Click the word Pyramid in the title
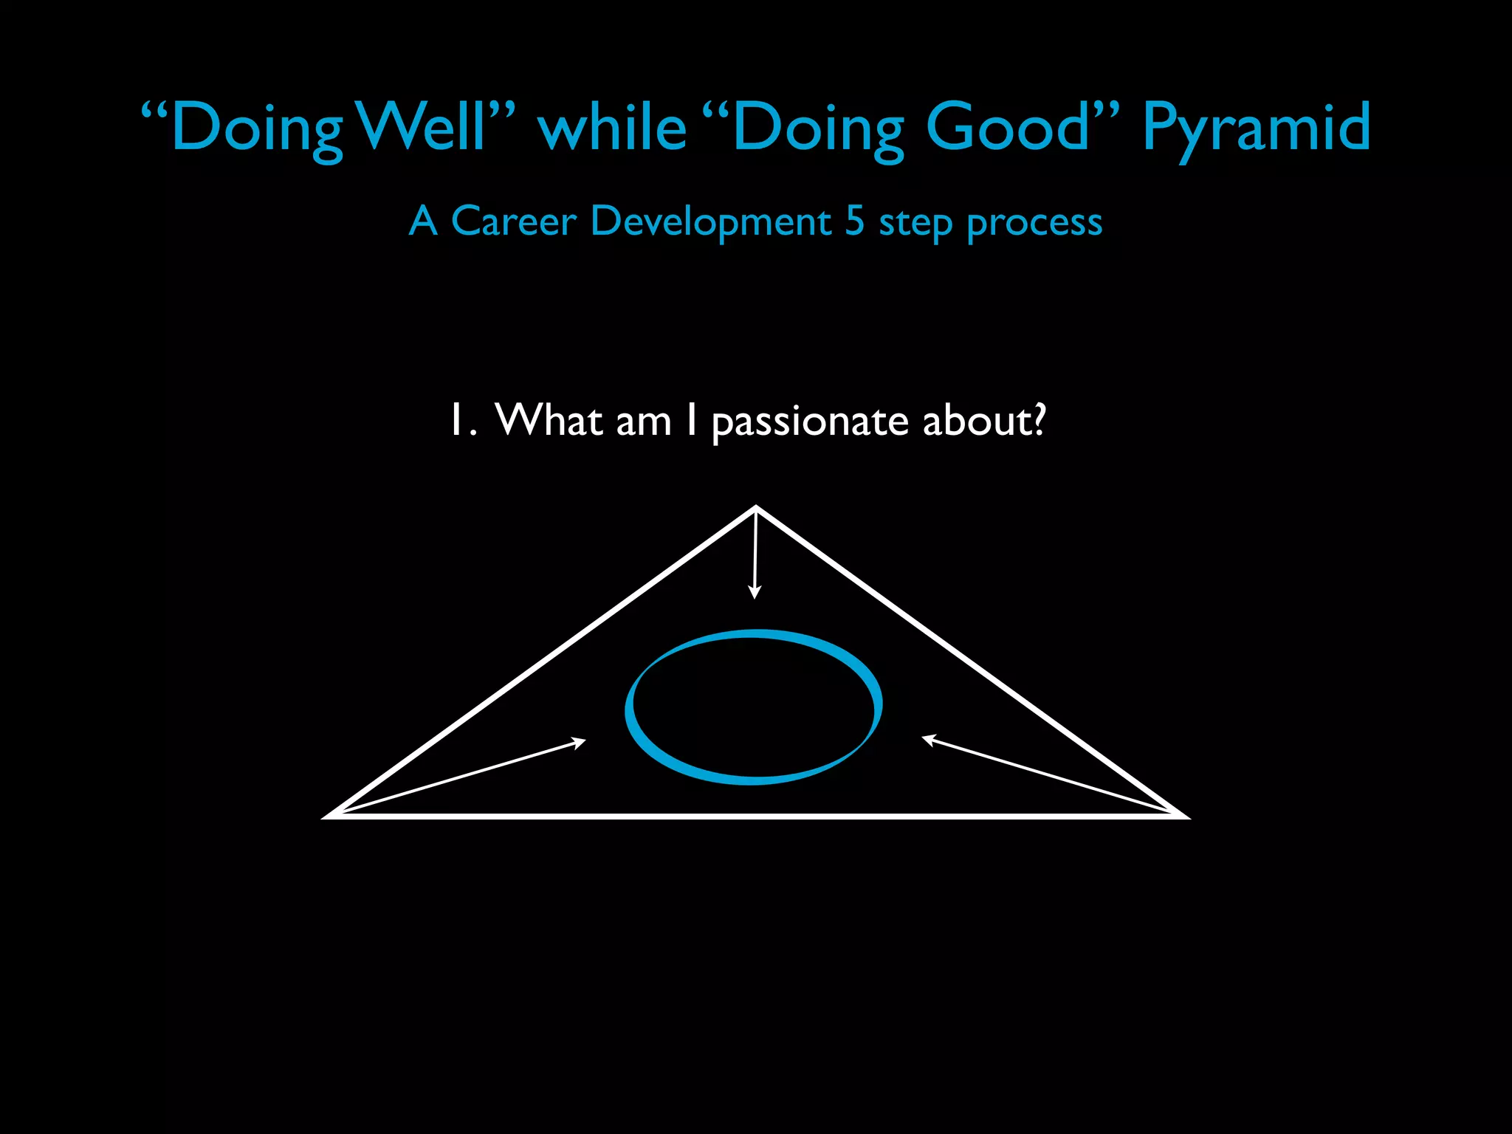pos(1256,127)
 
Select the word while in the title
pos(613,127)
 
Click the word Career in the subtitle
pos(513,221)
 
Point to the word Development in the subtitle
pos(711,221)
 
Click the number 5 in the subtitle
pos(854,221)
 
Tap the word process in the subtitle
pos(1034,222)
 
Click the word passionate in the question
pos(810,422)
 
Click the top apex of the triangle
pos(756,508)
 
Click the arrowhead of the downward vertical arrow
pos(755,592)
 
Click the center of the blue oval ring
pos(754,707)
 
